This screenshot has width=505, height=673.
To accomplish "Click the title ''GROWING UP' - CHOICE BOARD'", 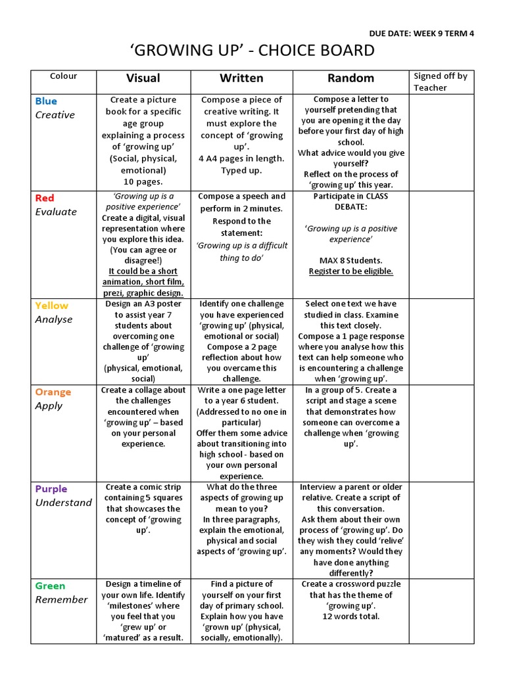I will pyautogui.click(x=252, y=51).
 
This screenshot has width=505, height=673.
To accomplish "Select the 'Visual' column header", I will pyautogui.click(x=143, y=78).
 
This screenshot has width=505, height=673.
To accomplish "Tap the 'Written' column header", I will pyautogui.click(x=241, y=78).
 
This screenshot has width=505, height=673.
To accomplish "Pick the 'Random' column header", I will pyautogui.click(x=350, y=78).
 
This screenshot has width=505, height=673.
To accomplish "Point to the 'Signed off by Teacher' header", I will pyautogui.click(x=440, y=81).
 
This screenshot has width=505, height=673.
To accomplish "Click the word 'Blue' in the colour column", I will pyautogui.click(x=46, y=101).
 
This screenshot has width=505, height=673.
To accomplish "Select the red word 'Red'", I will pyautogui.click(x=45, y=198).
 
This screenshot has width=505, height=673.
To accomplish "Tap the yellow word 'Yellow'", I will pyautogui.click(x=51, y=306).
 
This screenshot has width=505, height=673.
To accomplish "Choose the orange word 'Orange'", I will pyautogui.click(x=53, y=392).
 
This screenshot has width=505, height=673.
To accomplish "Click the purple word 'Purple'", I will pyautogui.click(x=51, y=489).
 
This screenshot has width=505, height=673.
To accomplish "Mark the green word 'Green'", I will pyautogui.click(x=50, y=586).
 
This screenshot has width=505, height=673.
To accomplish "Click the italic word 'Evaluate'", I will pyautogui.click(x=56, y=212).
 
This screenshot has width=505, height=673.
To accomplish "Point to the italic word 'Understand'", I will pyautogui.click(x=63, y=503).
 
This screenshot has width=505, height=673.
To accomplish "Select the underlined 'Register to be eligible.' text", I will pyautogui.click(x=350, y=271).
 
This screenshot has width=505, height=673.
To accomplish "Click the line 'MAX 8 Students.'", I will pyautogui.click(x=350, y=260).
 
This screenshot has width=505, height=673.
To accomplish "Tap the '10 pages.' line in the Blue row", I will pyautogui.click(x=143, y=181).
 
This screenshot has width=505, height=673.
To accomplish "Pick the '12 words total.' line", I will pyautogui.click(x=350, y=616).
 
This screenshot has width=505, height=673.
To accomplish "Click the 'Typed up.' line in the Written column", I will pyautogui.click(x=241, y=170).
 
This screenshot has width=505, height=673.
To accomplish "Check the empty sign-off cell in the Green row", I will pyautogui.click(x=440, y=611).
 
